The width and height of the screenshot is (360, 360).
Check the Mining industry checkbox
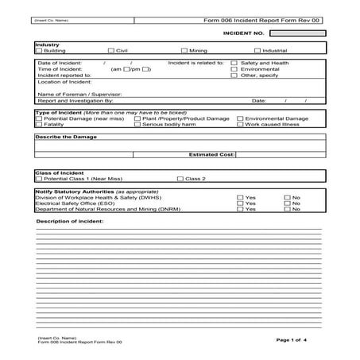click(184, 50)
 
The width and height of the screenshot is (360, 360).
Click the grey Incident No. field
click(296, 33)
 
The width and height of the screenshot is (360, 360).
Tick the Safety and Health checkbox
click(234, 63)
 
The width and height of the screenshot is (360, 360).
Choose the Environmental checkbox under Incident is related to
click(234, 69)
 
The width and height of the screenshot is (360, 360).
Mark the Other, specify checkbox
click(234, 75)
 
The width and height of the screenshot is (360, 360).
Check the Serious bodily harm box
click(137, 124)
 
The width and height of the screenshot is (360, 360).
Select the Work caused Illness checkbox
click(240, 124)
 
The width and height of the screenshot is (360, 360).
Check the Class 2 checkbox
click(180, 179)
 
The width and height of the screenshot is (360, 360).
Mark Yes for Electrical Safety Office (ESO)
click(241, 203)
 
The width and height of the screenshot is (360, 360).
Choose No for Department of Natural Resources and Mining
click(288, 209)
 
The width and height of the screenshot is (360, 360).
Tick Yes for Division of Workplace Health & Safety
click(241, 197)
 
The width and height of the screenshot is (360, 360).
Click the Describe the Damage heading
click(65, 137)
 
